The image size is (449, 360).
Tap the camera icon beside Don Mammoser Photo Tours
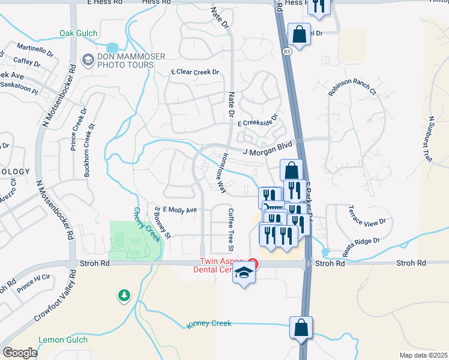click(87, 60)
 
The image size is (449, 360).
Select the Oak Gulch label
click(79, 33)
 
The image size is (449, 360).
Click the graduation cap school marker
click(244, 274)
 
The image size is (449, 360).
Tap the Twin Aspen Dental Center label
click(223, 265)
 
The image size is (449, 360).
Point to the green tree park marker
click(124, 295)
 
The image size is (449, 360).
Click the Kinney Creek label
click(209, 324)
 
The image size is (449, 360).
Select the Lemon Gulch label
click(64, 340)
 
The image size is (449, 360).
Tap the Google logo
click(20, 353)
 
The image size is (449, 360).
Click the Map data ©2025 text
click(423, 355)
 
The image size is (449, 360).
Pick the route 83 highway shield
click(288, 53)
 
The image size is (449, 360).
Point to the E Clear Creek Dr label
click(195, 72)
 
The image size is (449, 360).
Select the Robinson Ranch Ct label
click(352, 85)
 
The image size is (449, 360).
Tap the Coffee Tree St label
click(230, 230)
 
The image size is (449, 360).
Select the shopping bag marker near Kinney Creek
click(300, 328)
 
